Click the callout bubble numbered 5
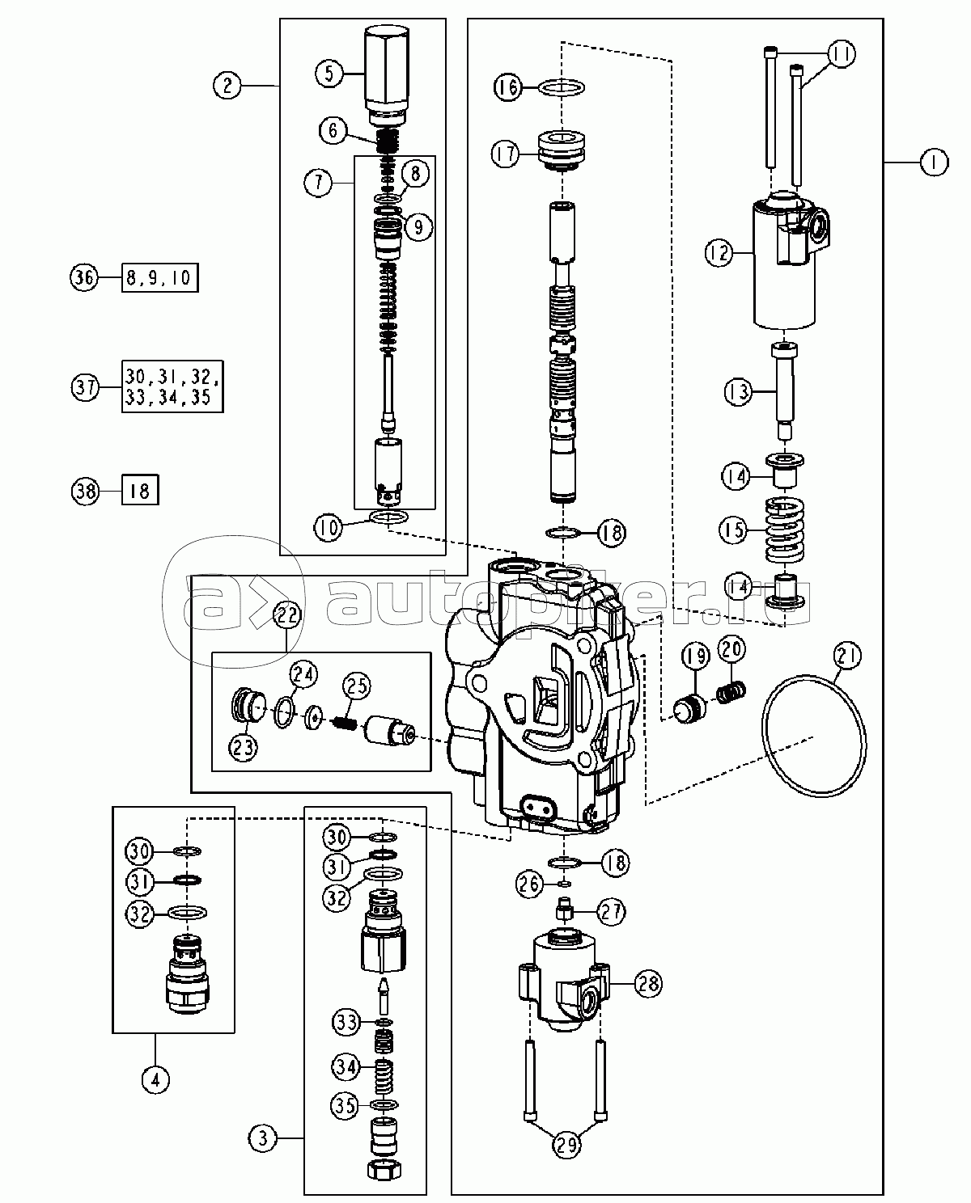click(329, 74)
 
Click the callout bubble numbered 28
click(647, 984)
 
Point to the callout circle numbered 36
click(83, 278)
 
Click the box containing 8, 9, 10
click(159, 278)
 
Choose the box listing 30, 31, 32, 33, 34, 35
click(172, 386)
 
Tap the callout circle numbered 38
click(83, 490)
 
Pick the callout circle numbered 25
click(358, 686)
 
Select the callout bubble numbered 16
click(509, 87)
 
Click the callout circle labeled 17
click(507, 153)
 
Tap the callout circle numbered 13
click(738, 392)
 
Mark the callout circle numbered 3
click(262, 1139)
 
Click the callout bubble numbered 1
click(933, 163)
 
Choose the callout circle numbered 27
click(612, 912)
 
